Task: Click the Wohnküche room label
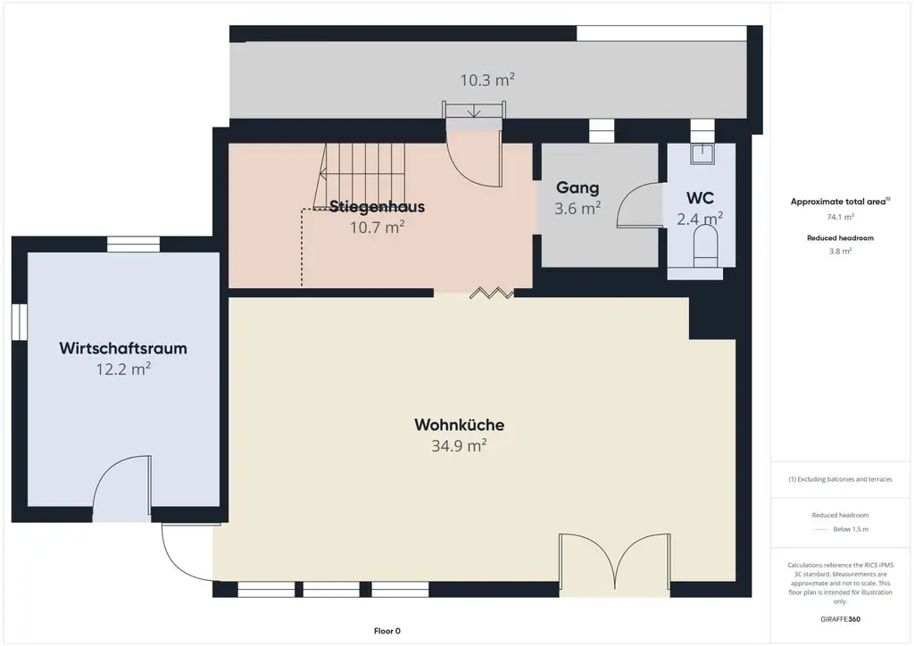(x=460, y=425)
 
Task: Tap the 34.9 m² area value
(x=460, y=445)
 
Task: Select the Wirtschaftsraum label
(x=123, y=348)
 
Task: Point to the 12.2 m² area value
(x=123, y=369)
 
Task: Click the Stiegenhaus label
(x=378, y=206)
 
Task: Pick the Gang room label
(x=577, y=187)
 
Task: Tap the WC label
(x=700, y=198)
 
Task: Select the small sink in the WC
(x=702, y=153)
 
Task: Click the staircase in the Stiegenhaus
(x=361, y=176)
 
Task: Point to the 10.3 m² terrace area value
(x=487, y=79)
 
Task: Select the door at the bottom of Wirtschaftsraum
(x=121, y=488)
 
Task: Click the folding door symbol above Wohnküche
(x=492, y=293)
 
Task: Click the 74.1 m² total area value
(x=840, y=217)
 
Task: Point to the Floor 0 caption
(x=387, y=631)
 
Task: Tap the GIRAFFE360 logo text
(x=840, y=619)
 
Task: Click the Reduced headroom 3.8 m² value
(x=840, y=251)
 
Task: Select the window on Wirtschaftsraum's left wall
(x=20, y=321)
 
